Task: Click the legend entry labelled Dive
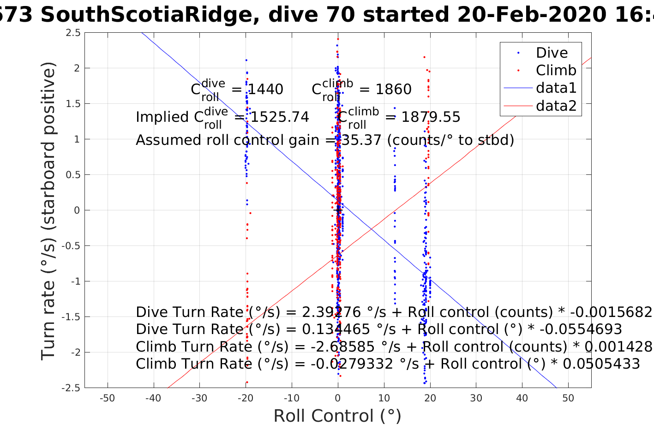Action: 552,53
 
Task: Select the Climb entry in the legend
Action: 556,71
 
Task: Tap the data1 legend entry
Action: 556,88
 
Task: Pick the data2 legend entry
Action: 556,106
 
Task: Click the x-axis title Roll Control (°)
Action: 337,416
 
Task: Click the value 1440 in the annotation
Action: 265,90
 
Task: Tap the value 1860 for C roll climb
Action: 393,90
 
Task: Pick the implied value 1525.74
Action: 279,117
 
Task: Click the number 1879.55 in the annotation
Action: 430,117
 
